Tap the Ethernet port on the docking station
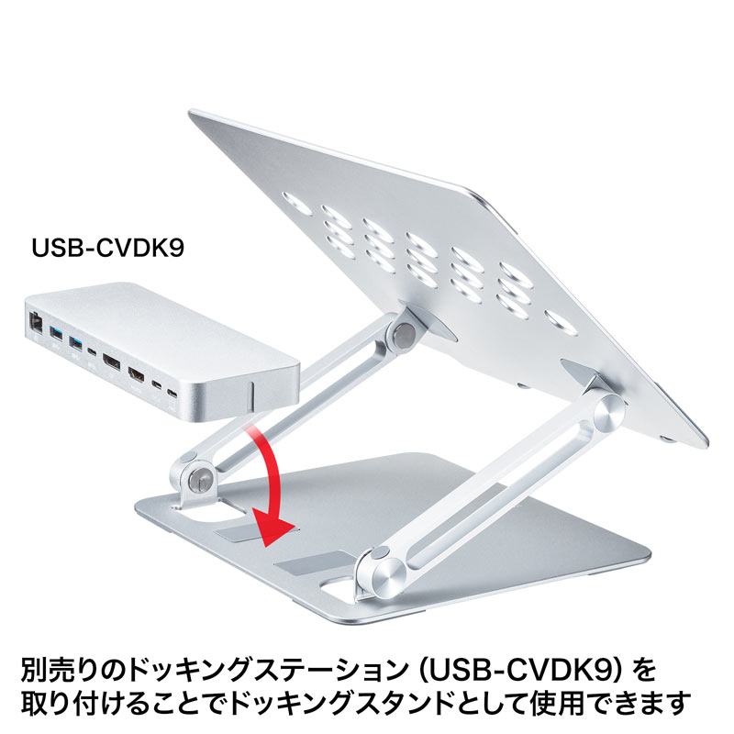[x=35, y=322]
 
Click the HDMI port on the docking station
[x=138, y=375]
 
